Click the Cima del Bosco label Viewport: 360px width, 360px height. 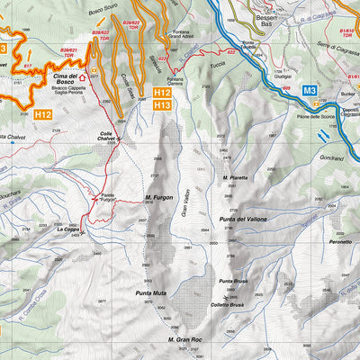point(65,81)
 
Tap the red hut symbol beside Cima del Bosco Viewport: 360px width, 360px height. point(84,77)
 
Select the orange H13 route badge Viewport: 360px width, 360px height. point(163,105)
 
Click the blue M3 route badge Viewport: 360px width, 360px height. point(310,91)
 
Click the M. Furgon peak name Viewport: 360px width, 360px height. point(157,197)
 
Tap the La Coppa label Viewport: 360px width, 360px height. point(68,229)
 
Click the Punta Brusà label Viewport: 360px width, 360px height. point(232,282)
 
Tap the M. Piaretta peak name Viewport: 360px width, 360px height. point(236,178)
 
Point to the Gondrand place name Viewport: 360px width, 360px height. point(331,157)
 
